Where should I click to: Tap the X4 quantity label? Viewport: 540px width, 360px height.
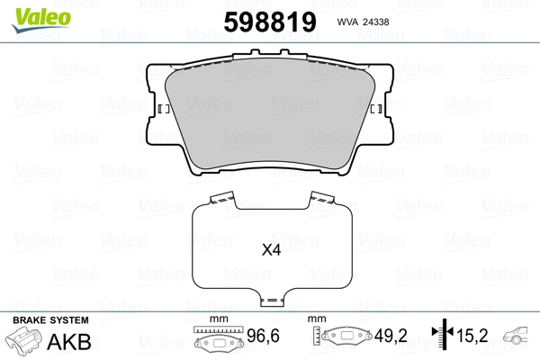click(271, 251)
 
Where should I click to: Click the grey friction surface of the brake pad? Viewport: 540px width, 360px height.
click(270, 117)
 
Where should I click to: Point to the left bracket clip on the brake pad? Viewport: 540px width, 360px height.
click(164, 110)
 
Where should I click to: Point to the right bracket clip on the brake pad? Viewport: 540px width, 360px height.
click(376, 110)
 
